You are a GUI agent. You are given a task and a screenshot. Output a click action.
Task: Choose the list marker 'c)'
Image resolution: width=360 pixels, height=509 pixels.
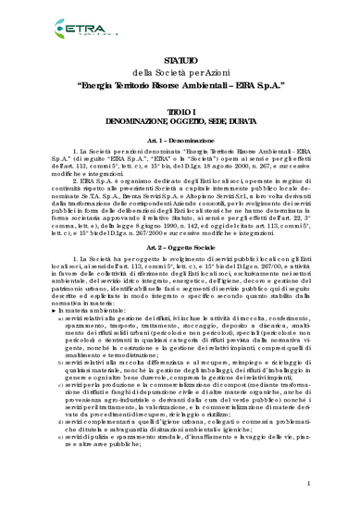[61, 408]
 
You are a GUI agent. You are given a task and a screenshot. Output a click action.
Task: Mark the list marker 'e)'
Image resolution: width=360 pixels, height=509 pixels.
[61, 460]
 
